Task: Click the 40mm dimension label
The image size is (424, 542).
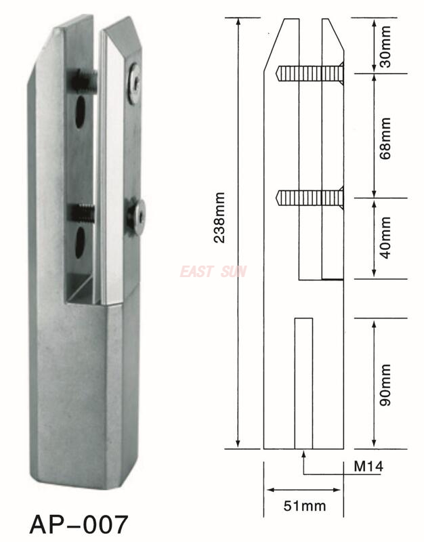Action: pos(385,238)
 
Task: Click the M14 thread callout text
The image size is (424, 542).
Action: pos(368,467)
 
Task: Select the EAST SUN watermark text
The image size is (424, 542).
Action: pos(213,272)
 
